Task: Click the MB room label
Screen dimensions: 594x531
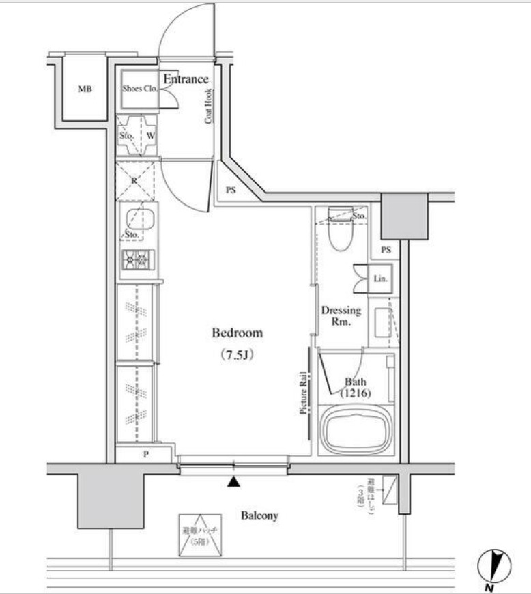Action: tap(84, 89)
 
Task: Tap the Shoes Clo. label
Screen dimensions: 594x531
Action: tap(140, 89)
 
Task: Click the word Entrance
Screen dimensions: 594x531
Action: tap(186, 79)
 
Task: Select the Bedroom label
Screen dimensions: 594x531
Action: tap(237, 333)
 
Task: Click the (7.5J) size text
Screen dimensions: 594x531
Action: tap(237, 355)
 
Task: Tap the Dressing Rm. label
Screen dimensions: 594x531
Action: tap(341, 315)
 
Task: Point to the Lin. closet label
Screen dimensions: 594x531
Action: tap(380, 279)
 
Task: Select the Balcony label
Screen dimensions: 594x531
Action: tap(259, 516)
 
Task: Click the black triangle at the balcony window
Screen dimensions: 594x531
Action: tap(234, 483)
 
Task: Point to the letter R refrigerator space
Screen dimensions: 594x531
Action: tap(134, 180)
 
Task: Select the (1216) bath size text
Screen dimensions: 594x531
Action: tap(356, 394)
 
